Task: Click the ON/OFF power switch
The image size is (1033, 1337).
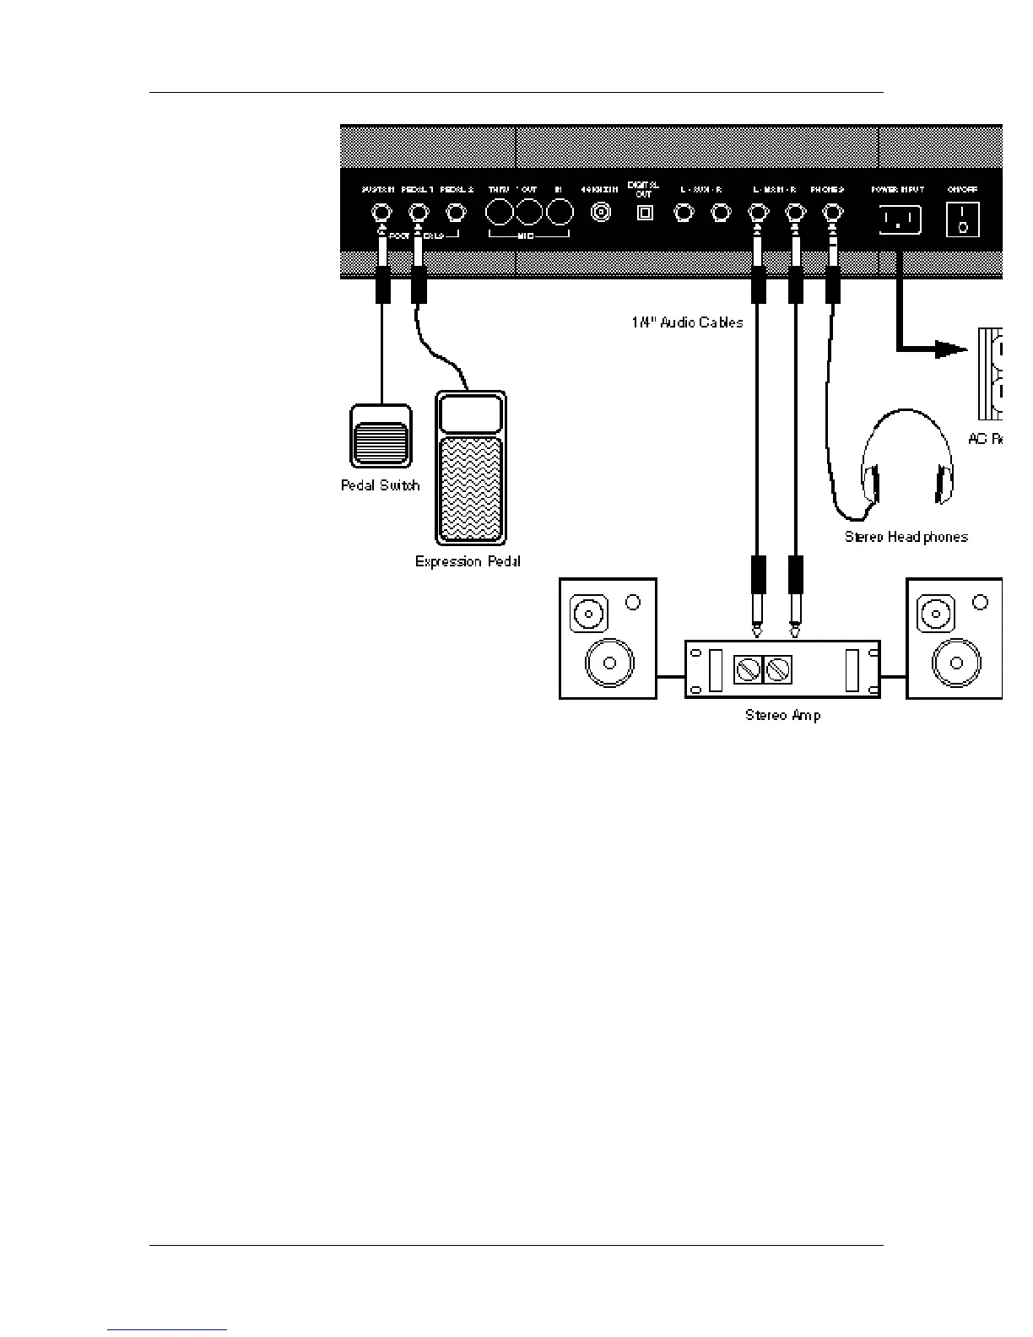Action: click(962, 219)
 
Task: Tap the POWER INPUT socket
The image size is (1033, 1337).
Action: click(900, 220)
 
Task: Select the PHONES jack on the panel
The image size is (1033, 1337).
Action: click(832, 214)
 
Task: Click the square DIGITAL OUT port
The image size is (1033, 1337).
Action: click(644, 213)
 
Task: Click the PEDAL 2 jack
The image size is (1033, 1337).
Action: click(457, 213)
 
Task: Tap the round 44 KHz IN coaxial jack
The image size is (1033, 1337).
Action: click(601, 213)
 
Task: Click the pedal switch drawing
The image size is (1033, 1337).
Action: click(381, 436)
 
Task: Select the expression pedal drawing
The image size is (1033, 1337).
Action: click(469, 468)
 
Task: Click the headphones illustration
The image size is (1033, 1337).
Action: click(907, 464)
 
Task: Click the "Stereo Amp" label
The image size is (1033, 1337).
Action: click(782, 716)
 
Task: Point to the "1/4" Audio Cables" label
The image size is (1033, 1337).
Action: click(686, 322)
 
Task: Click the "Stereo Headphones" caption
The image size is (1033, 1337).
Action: click(906, 537)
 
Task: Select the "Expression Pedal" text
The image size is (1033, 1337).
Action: click(468, 561)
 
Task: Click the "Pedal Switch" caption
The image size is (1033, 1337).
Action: click(380, 485)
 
